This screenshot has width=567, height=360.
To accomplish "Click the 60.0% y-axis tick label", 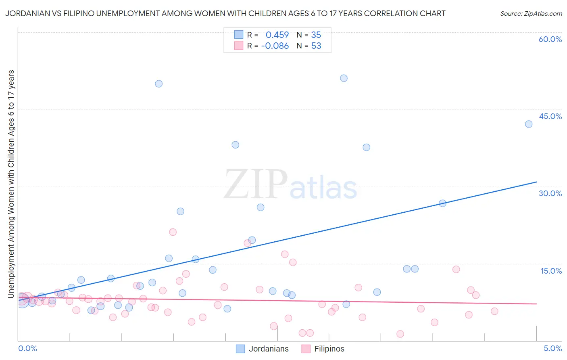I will pyautogui.click(x=550, y=39).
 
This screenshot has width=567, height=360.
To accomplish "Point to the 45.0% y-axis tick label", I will pyautogui.click(x=550, y=116).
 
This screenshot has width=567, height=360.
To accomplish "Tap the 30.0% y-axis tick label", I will pyautogui.click(x=550, y=193).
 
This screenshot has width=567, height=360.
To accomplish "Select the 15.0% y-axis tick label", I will pyautogui.click(x=551, y=271).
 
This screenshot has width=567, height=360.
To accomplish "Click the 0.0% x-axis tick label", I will pyautogui.click(x=27, y=348).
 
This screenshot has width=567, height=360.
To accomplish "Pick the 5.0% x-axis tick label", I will pyautogui.click(x=552, y=348).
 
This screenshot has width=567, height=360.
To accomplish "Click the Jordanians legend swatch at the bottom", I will pyautogui.click(x=240, y=349).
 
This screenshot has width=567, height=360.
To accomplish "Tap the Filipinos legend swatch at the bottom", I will pyautogui.click(x=306, y=349).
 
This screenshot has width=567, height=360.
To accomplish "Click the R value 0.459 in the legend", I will pyautogui.click(x=277, y=35).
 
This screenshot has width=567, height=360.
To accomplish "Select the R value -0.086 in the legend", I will pyautogui.click(x=275, y=46).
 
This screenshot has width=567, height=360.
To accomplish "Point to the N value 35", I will pyautogui.click(x=316, y=35).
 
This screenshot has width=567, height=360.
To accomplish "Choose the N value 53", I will pyautogui.click(x=316, y=46).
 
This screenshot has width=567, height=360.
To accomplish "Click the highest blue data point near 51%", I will pyautogui.click(x=344, y=78).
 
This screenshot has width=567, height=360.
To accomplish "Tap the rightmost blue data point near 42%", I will pyautogui.click(x=529, y=124).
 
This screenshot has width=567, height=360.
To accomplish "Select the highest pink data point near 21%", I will pyautogui.click(x=173, y=232).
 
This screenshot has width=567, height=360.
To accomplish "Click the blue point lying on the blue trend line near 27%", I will pyautogui.click(x=442, y=203).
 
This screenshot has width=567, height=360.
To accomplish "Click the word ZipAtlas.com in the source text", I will pyautogui.click(x=542, y=14).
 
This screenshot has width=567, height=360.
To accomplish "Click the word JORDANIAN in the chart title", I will pyautogui.click(x=26, y=13).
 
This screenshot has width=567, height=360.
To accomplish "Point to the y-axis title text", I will pyautogui.click(x=11, y=184).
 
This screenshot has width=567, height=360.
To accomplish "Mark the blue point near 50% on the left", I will pyautogui.click(x=159, y=84).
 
